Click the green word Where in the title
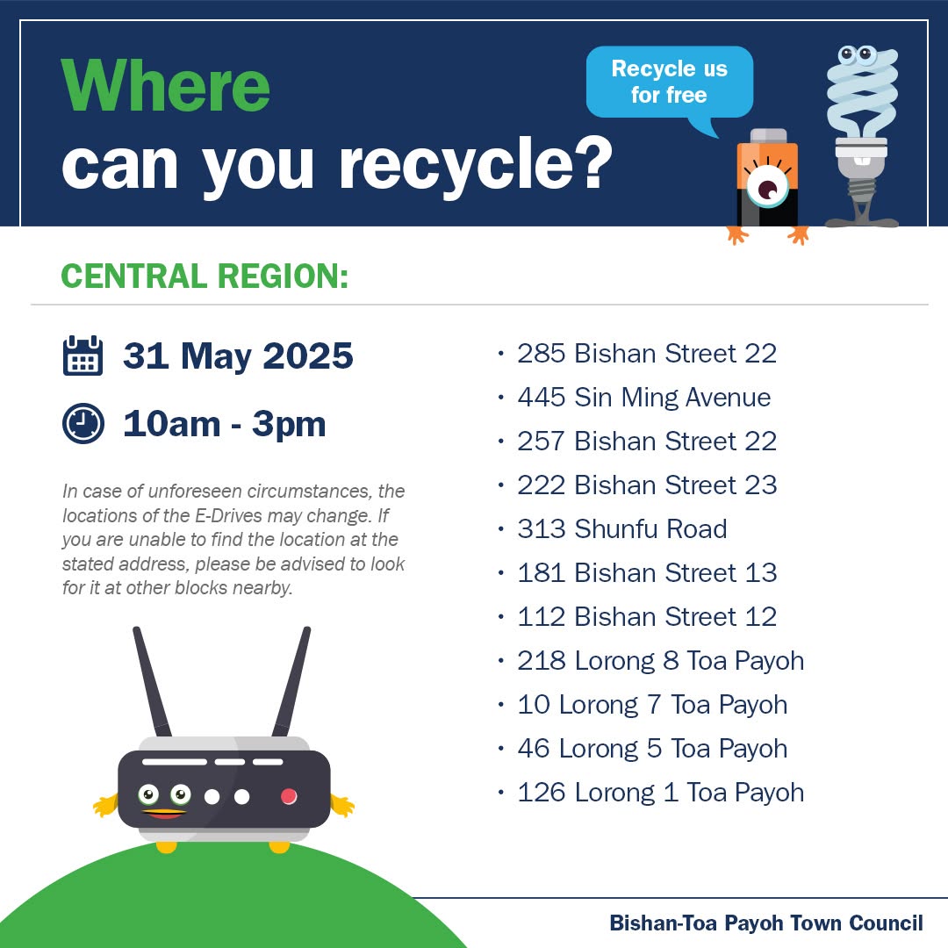(165, 86)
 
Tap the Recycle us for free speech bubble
(669, 83)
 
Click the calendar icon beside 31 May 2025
(83, 355)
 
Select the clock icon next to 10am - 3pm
(83, 423)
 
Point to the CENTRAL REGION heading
(205, 276)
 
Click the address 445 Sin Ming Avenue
(644, 398)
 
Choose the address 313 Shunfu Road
(622, 529)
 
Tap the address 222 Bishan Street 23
(647, 485)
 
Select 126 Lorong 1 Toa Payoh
(661, 793)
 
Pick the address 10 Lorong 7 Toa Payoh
(652, 705)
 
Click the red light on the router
(289, 796)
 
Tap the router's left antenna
(152, 681)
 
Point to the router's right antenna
(291, 681)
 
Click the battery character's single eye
(767, 189)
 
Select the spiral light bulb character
(862, 137)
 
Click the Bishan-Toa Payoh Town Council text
(766, 923)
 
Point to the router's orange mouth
(164, 813)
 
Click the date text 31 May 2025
(238, 355)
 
